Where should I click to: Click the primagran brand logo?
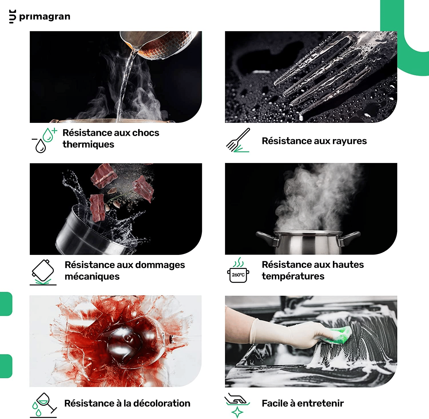[x=39, y=16]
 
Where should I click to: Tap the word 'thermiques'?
[x=88, y=144]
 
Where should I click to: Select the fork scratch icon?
[x=238, y=140]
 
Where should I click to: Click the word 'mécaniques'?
[x=92, y=277]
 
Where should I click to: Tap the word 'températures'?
[x=293, y=276]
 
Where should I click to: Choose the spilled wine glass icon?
[x=43, y=405]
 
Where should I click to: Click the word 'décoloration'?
[x=162, y=403]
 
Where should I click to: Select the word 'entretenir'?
[x=320, y=403]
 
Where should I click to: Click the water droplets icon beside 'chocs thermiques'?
[x=44, y=140]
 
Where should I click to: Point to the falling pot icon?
[x=43, y=272]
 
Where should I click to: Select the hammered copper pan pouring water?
[x=159, y=45]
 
